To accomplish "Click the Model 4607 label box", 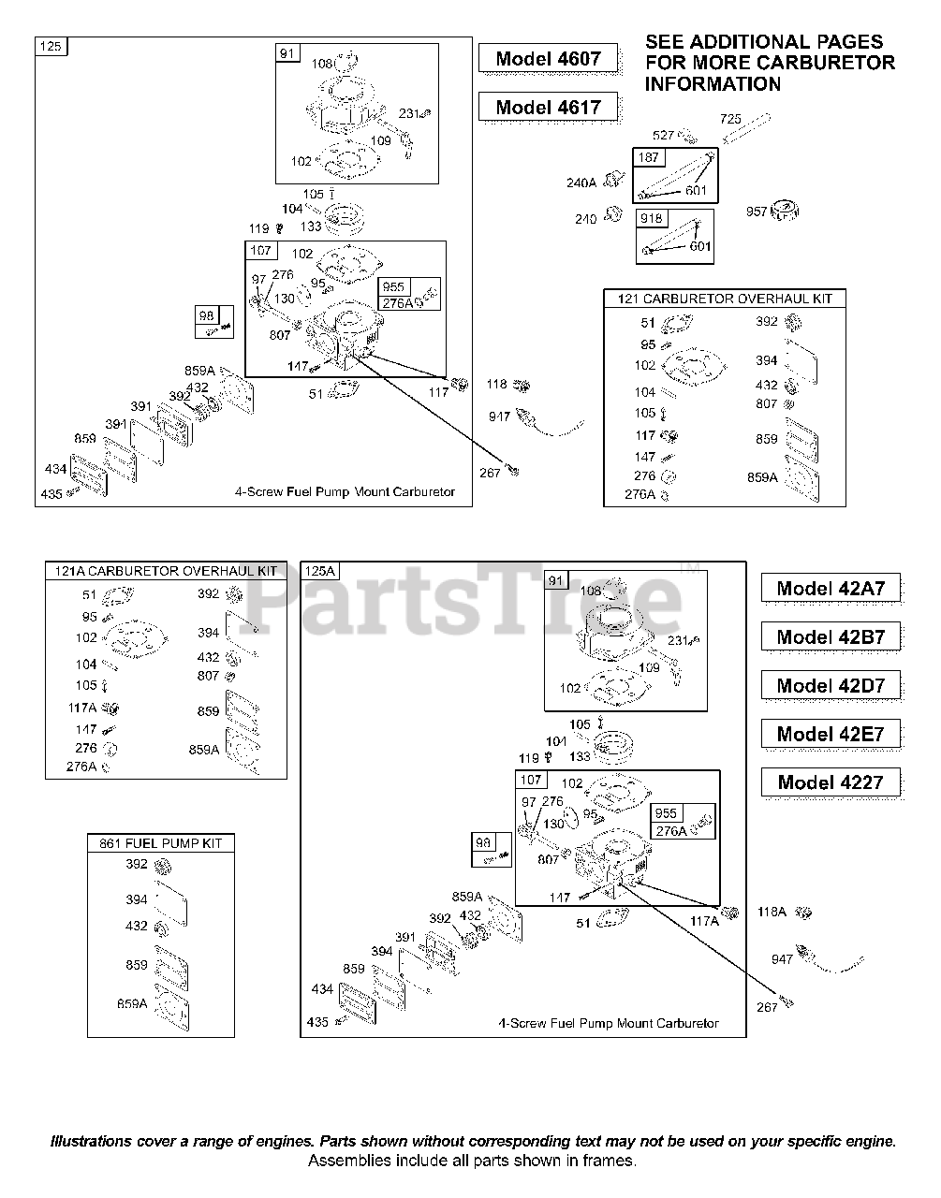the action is [548, 59].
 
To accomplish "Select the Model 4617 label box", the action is [548, 108].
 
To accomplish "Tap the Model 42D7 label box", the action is [830, 686].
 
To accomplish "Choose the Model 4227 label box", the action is [830, 783].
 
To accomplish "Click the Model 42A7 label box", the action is [830, 589].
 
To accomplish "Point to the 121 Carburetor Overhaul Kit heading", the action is [724, 299].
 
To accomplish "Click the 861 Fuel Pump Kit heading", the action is [160, 843].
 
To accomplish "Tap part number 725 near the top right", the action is [730, 119].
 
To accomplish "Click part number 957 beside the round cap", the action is [757, 211].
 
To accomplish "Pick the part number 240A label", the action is [581, 183].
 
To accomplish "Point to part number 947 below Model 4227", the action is [782, 959].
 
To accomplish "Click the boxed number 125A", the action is [319, 571].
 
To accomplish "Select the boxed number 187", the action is [648, 158].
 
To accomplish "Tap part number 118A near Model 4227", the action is [772, 911].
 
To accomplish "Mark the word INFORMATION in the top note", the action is [712, 84].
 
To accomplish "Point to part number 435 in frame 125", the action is [51, 493].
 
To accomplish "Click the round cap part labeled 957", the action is [784, 211].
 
